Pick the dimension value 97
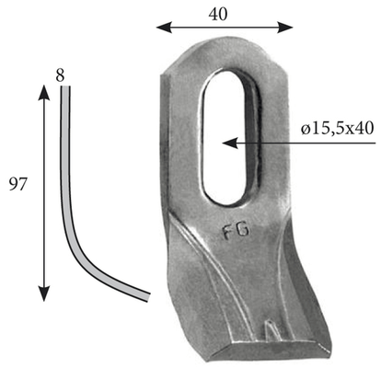pos(17,185)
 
